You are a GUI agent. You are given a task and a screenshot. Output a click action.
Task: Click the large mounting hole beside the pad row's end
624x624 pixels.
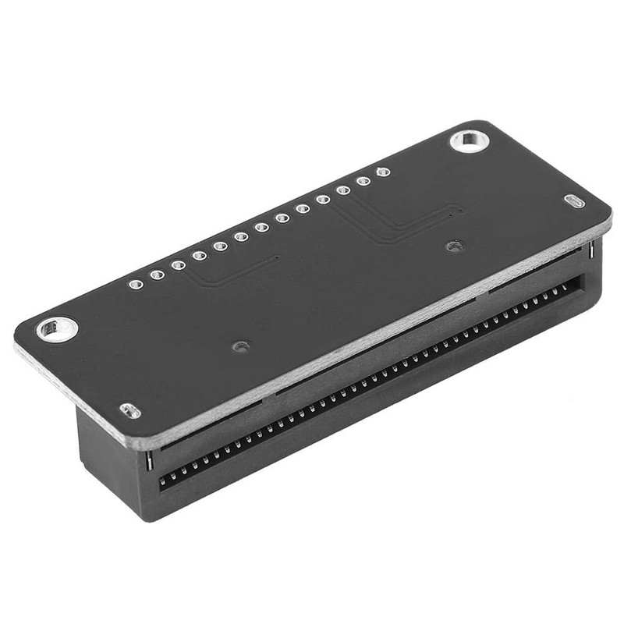click(469, 142)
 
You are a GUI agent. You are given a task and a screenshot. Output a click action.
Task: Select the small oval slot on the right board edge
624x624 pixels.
click(576, 201)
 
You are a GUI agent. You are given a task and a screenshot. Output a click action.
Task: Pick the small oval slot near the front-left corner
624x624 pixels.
click(129, 410)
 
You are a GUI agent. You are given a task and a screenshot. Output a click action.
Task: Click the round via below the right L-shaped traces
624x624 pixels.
click(451, 246)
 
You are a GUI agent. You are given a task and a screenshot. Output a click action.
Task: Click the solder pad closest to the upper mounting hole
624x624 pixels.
click(382, 172)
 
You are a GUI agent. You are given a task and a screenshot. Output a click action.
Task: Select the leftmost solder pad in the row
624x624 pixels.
click(136, 284)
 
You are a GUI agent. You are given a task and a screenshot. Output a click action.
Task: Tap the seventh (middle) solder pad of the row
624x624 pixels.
click(261, 227)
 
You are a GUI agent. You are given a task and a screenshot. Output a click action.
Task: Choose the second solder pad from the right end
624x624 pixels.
click(363, 181)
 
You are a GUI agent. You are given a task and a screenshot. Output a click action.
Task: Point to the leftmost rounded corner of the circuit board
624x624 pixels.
click(19, 331)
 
